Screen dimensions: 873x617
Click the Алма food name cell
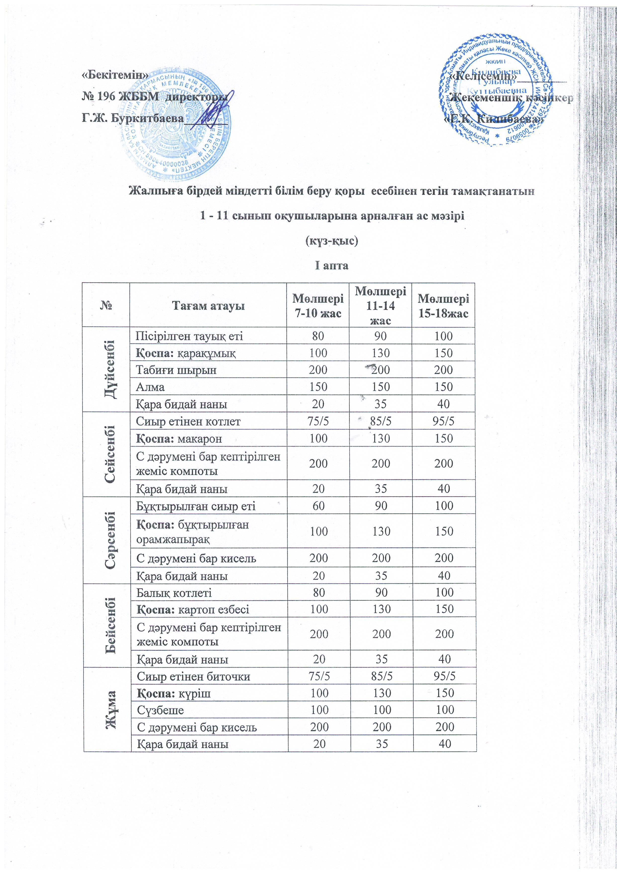[x=151, y=387]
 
